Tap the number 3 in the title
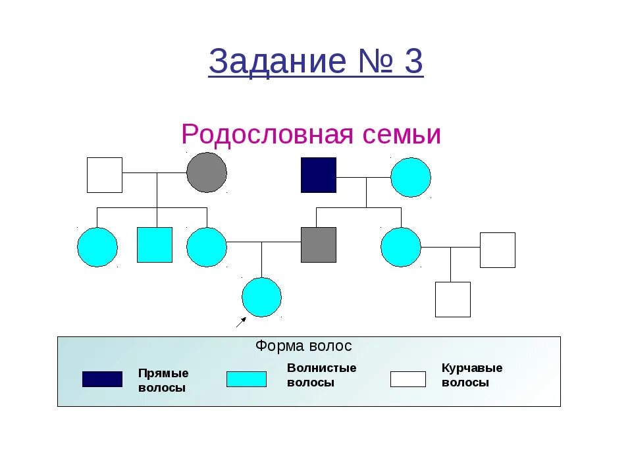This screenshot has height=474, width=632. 413,63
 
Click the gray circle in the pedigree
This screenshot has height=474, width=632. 207,172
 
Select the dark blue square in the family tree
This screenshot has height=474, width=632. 319,175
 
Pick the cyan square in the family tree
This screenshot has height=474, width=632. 155,245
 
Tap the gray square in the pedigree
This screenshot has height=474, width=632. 319,245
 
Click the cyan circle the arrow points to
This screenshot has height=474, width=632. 261,297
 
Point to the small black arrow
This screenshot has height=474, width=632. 241,321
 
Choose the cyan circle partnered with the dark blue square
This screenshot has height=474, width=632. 411,177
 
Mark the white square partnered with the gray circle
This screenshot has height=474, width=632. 105,175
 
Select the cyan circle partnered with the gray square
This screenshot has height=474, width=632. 207,247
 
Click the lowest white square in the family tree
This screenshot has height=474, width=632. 453,300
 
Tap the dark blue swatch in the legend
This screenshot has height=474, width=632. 102,379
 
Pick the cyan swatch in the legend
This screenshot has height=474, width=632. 246,379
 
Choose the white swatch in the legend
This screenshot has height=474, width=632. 408,379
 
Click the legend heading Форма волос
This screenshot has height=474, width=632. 303,346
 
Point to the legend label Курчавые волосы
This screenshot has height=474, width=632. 471,375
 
